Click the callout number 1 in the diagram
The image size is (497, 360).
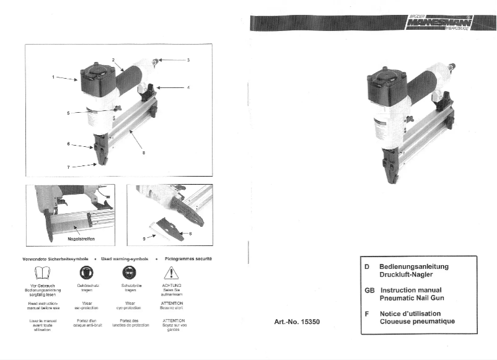click(x=53, y=77)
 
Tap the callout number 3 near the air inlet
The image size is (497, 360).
click(x=188, y=60)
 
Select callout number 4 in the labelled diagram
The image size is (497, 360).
click(x=188, y=87)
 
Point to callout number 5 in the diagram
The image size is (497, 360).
click(x=69, y=113)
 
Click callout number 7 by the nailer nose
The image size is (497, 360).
click(x=68, y=167)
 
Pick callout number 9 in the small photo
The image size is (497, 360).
click(x=144, y=237)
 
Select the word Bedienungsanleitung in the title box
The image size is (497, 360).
click(x=413, y=266)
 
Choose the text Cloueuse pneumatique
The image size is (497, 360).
click(x=416, y=321)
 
